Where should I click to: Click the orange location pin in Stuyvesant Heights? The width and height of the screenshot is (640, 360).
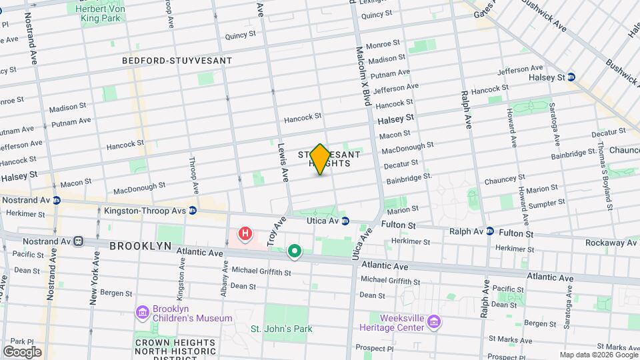(x=320, y=159)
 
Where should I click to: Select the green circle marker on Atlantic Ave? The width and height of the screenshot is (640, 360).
(x=294, y=251)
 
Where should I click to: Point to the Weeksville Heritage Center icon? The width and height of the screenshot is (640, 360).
(x=434, y=322)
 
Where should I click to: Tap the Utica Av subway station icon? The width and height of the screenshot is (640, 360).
(x=345, y=221)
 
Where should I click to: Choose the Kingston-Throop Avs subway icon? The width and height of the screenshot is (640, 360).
(x=193, y=211)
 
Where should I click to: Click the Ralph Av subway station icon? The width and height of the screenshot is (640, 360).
(x=490, y=231)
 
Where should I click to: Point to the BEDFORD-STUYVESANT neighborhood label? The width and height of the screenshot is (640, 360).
(x=177, y=61)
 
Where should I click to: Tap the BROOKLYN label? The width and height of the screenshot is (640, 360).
(x=137, y=245)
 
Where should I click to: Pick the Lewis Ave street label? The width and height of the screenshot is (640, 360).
(x=283, y=163)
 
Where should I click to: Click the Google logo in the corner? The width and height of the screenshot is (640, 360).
(x=22, y=351)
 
